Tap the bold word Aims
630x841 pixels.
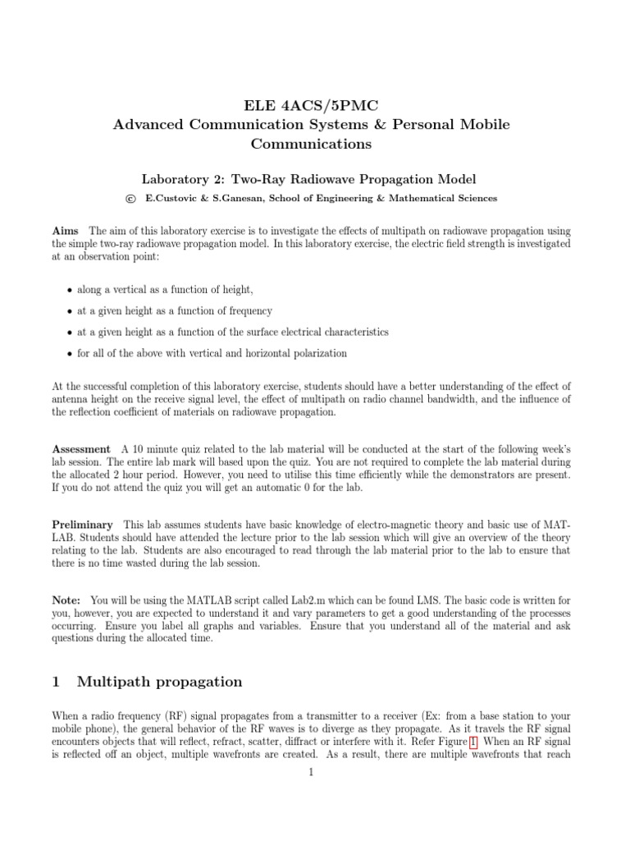[66, 232]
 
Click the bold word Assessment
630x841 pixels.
[81, 449]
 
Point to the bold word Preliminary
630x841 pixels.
[83, 525]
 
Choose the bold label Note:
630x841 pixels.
[66, 600]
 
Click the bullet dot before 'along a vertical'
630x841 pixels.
[67, 291]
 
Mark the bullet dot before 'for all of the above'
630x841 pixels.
[67, 354]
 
